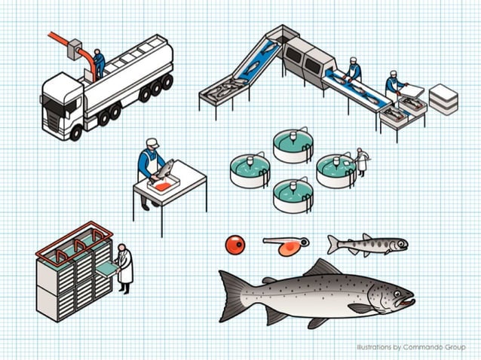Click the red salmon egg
tap(235, 244)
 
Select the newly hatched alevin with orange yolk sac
tap(286, 246)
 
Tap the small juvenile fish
tap(366, 244)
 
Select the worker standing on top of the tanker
tap(99, 63)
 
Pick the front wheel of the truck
tap(76, 133)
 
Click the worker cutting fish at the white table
tap(151, 163)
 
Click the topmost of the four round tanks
tap(292, 145)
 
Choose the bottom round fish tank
tap(292, 195)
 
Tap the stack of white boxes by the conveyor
tap(443, 99)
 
